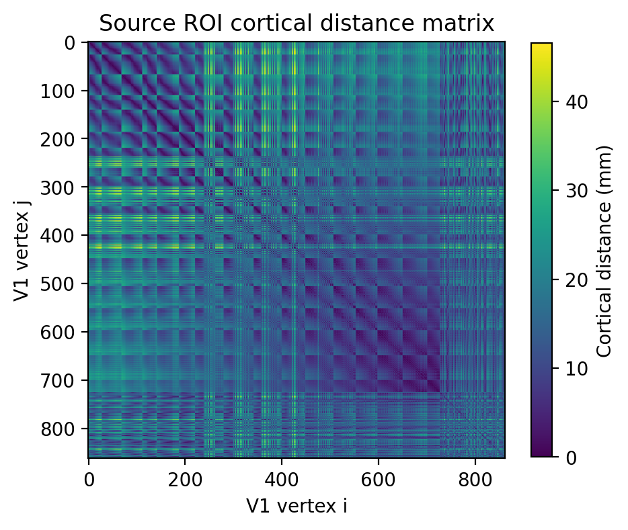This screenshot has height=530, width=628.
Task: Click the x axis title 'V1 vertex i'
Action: click(297, 506)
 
